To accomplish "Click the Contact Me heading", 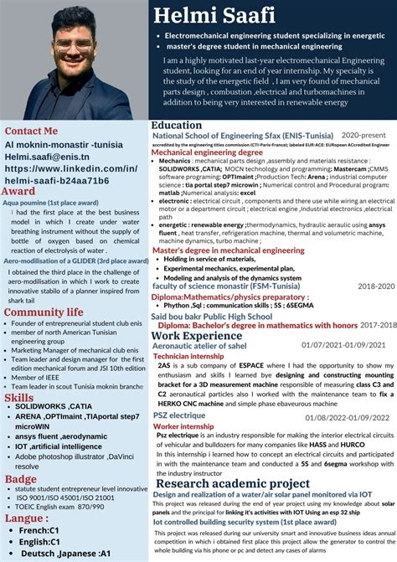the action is (x=32, y=131).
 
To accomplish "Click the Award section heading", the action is (x=19, y=191).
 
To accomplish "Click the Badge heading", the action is (x=21, y=479).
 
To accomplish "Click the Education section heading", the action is (x=177, y=125).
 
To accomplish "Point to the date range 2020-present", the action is (x=363, y=135).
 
